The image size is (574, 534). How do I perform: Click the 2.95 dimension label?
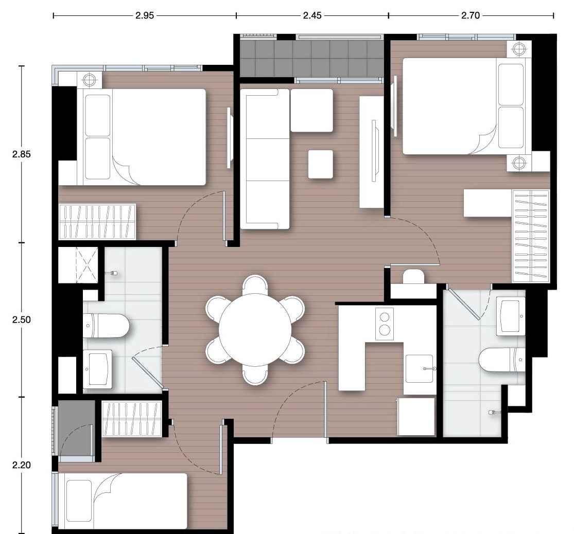[145, 15]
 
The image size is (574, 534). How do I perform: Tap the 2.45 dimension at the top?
[312, 15]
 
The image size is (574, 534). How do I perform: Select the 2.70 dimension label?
[471, 15]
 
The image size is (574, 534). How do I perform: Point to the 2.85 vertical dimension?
[22, 154]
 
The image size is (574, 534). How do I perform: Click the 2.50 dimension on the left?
[22, 319]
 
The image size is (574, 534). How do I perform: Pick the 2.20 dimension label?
[22, 465]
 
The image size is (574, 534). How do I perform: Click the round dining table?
[255, 330]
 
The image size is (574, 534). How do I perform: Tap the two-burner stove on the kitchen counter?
[385, 324]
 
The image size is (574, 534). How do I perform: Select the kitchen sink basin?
[420, 369]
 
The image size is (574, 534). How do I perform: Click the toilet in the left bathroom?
[106, 326]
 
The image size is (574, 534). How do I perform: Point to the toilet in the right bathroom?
[502, 360]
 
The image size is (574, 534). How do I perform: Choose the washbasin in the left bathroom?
[97, 369]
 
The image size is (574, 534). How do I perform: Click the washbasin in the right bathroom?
[510, 316]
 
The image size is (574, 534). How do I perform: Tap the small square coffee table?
[321, 164]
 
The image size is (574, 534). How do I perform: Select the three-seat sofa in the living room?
[265, 159]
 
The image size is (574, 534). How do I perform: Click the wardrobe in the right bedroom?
[531, 236]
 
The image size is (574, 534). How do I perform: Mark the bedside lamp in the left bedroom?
[90, 79]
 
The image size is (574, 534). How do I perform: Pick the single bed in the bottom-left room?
[123, 501]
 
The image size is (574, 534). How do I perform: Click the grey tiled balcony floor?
[311, 59]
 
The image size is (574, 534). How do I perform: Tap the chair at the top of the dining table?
[255, 284]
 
